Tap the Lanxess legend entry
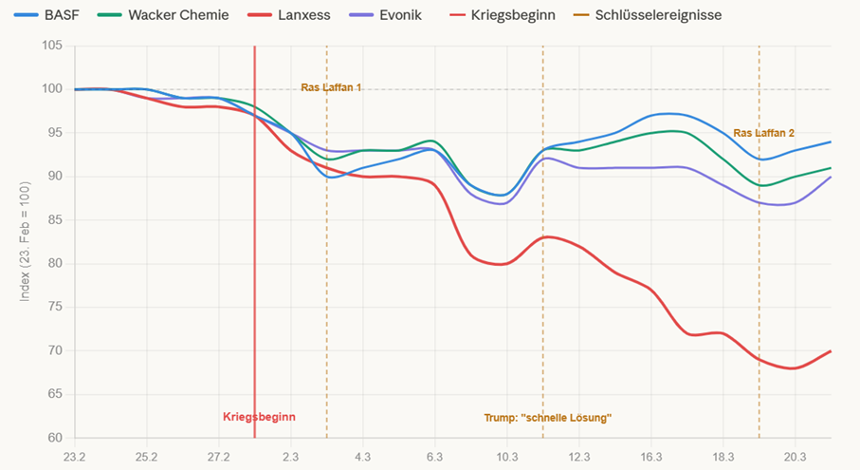pyautogui.click(x=292, y=15)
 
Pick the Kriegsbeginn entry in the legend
pyautogui.click(x=502, y=15)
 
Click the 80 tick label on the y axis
pyautogui.click(x=53, y=264)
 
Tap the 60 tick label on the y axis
pyautogui.click(x=53, y=438)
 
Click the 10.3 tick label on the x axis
pyautogui.click(x=506, y=457)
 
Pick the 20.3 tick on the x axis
pyautogui.click(x=795, y=457)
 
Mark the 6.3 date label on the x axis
pyautogui.click(x=434, y=457)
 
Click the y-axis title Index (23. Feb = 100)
pyautogui.click(x=26, y=241)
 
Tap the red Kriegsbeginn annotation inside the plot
pyautogui.click(x=260, y=417)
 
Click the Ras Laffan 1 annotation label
pyautogui.click(x=332, y=87)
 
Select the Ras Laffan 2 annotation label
pyautogui.click(x=763, y=133)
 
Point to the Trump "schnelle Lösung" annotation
pyautogui.click(x=548, y=417)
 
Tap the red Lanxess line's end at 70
pyautogui.click(x=831, y=351)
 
